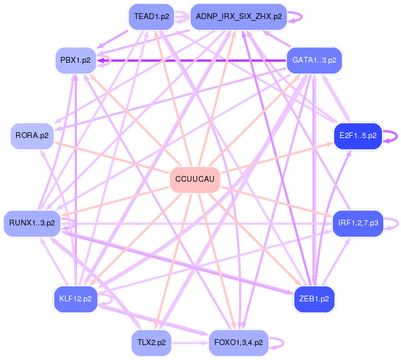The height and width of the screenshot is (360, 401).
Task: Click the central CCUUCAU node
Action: coord(195,180)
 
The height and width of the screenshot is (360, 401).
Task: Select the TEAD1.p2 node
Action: coord(152,17)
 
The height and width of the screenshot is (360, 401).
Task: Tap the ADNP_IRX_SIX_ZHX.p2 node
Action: coord(238,17)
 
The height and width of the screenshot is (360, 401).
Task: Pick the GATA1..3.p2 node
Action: coord(314,60)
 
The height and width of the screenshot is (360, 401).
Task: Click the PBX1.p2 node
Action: coord(75,60)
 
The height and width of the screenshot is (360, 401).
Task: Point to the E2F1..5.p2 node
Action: coord(358,136)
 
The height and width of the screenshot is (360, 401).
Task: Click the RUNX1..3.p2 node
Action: coord(32,223)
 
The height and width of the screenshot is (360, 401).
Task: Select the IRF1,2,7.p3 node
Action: coord(358,223)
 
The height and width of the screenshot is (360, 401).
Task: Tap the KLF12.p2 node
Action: coord(75,299)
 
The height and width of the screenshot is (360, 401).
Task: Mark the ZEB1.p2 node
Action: coord(314,299)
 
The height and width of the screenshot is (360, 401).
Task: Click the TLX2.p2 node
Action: coord(152,342)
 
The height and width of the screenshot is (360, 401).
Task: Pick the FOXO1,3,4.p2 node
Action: coord(238,342)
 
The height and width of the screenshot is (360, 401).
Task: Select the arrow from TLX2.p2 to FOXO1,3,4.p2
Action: coord(190,343)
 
